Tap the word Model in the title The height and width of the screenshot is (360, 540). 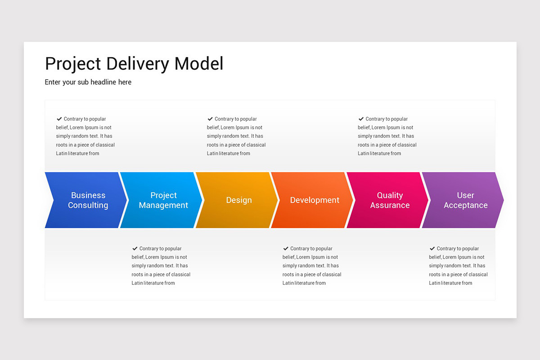(x=198, y=64)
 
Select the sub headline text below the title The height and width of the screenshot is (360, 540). (x=88, y=82)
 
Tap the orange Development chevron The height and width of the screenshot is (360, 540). (x=314, y=200)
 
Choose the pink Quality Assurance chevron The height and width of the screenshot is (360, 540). (x=389, y=200)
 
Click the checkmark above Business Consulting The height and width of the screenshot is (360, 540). (x=59, y=119)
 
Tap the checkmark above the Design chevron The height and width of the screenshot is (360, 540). (x=210, y=119)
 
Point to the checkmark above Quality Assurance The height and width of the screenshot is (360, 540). (x=361, y=119)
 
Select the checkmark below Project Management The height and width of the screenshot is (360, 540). (x=135, y=248)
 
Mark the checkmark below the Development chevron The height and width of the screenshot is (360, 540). (x=285, y=248)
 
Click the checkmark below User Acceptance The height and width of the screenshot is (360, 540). (x=432, y=248)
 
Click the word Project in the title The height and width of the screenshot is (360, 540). (x=73, y=64)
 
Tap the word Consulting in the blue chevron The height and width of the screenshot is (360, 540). (x=88, y=205)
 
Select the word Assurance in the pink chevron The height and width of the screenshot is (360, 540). (x=390, y=205)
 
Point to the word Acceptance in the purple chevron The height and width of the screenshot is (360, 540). (x=465, y=205)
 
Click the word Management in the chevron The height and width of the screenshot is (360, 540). (x=163, y=205)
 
